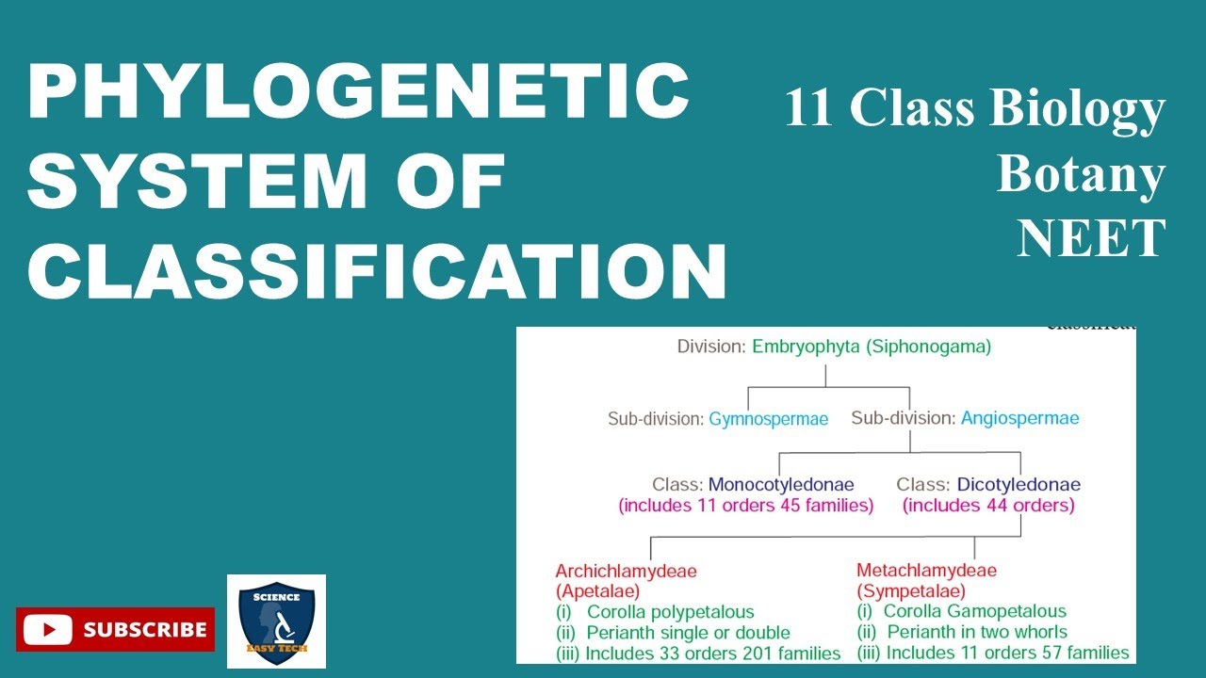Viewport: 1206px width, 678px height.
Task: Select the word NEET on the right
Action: (x=1091, y=239)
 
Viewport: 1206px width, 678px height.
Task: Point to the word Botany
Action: (x=1081, y=174)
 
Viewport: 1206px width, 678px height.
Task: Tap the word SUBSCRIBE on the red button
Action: (x=144, y=629)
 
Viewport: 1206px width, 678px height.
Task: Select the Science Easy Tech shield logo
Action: (x=276, y=621)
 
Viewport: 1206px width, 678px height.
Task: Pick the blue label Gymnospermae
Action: (x=768, y=419)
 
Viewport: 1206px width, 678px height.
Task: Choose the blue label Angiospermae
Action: (x=1019, y=418)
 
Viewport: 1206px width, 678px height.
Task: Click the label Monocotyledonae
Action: (x=781, y=485)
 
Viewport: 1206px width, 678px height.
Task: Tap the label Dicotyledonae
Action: (x=1019, y=485)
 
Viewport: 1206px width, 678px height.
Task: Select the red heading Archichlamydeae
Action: (x=626, y=571)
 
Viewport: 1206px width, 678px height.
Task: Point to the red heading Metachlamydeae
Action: (x=926, y=571)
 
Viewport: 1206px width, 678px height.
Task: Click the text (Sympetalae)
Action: (x=910, y=591)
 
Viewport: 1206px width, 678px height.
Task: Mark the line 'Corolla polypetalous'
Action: (x=670, y=612)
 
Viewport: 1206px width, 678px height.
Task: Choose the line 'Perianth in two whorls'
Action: (x=977, y=632)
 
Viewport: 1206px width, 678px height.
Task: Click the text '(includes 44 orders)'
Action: (x=988, y=506)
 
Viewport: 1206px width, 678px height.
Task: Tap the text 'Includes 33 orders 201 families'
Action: (x=712, y=653)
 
